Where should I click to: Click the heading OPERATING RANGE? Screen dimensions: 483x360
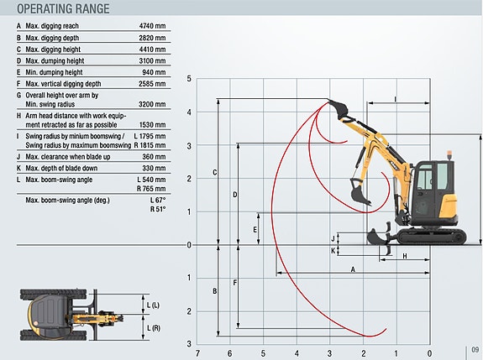(x=63, y=8)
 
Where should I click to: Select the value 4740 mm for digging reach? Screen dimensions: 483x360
(x=152, y=26)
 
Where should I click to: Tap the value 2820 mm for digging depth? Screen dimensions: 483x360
(x=152, y=38)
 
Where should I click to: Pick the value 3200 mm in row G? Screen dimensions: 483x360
(x=152, y=104)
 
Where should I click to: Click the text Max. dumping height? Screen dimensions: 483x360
(x=55, y=61)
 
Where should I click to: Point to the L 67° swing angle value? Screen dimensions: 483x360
(x=158, y=201)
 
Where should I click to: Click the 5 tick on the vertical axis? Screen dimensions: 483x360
(x=189, y=79)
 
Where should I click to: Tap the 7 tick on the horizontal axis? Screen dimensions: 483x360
(x=197, y=353)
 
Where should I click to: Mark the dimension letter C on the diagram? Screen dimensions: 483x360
(x=215, y=173)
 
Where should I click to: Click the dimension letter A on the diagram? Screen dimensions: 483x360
(x=353, y=269)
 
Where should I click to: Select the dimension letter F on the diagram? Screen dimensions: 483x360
(x=234, y=283)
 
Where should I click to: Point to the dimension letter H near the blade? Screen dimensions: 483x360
(x=405, y=256)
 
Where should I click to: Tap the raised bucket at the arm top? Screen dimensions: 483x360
(x=339, y=108)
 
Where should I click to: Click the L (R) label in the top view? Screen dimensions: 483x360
(x=154, y=328)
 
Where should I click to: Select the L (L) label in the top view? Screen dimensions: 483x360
(x=153, y=305)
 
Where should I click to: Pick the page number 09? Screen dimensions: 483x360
(x=475, y=350)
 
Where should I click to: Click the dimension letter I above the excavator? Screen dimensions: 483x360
(x=396, y=99)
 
